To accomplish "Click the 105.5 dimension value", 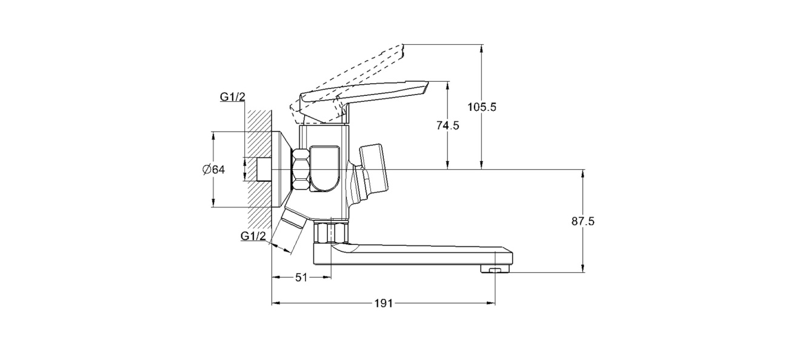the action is click(x=482, y=107).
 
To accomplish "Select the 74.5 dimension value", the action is click(x=448, y=125).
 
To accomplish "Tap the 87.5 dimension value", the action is click(x=583, y=221).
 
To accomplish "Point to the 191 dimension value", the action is click(x=384, y=304).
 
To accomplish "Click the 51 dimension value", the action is click(x=301, y=278).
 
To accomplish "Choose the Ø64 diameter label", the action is click(x=213, y=170).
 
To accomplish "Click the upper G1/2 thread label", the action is click(x=233, y=97).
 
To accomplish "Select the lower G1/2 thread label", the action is click(x=253, y=236).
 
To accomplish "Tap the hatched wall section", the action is click(x=259, y=168).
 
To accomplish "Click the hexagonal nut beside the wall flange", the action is click(x=301, y=170).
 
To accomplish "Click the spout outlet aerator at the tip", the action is click(x=495, y=269).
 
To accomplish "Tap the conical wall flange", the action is click(x=282, y=169).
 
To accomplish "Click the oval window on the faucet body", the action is click(x=324, y=168).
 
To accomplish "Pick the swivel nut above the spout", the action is click(x=330, y=232).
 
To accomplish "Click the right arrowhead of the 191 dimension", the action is click(x=492, y=303).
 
